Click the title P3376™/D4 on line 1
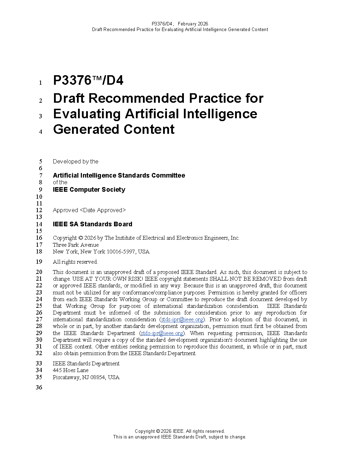coord(88,80)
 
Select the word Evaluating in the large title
coord(87,114)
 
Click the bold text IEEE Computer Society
coord(89,190)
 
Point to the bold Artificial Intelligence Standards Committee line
coord(119,175)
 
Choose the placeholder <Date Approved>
coord(103,210)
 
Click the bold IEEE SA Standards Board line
coord(92,224)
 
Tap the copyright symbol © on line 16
coord(80,238)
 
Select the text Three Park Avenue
coord(76,245)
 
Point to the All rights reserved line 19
coord(75,262)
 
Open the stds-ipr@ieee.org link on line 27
coord(182,319)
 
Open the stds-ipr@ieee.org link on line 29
coord(162,333)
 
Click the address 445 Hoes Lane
coord(71,370)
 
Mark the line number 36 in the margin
coord(39,388)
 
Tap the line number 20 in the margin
coord(39,272)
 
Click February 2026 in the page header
coord(193,24)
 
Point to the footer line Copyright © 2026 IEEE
coord(180,431)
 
